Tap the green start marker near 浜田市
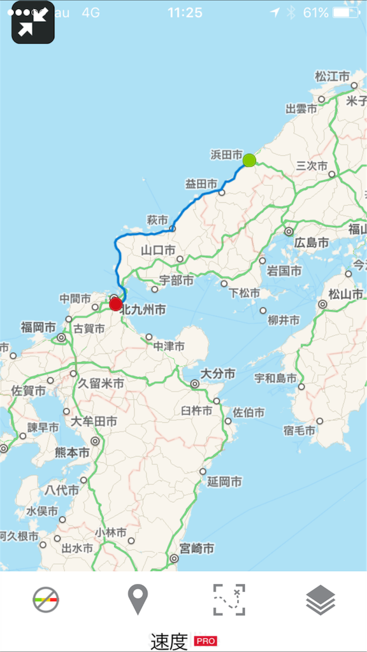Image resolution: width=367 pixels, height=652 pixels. (249, 160)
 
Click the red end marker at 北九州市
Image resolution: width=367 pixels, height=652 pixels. (115, 304)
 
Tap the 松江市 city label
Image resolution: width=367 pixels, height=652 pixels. (332, 76)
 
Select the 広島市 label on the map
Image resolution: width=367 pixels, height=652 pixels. (312, 243)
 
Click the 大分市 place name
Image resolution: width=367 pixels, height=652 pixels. (217, 373)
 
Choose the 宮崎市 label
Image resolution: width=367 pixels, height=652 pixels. (196, 548)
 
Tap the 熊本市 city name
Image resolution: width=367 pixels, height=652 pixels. (72, 452)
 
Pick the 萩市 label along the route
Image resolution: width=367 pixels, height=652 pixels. (157, 220)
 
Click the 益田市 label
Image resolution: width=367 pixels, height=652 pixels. (201, 183)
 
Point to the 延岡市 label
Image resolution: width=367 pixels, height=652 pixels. (224, 481)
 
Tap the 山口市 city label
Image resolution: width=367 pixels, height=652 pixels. (158, 250)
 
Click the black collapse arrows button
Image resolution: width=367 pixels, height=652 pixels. (33, 23)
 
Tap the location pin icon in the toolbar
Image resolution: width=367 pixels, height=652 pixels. (138, 600)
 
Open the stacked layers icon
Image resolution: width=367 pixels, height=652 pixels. (320, 600)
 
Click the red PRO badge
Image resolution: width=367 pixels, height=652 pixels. (205, 641)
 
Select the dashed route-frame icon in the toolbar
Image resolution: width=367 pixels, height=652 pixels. (229, 600)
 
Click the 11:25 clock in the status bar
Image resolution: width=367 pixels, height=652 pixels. (185, 12)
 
